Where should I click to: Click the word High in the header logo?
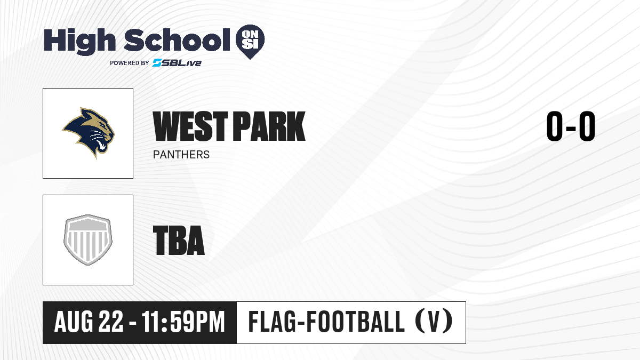click(79, 42)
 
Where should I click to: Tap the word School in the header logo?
click(177, 39)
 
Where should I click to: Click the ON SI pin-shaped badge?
click(250, 42)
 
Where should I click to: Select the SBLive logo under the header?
click(177, 62)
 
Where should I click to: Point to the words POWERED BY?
click(130, 63)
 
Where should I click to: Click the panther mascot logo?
click(89, 133)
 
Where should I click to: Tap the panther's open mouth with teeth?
click(102, 145)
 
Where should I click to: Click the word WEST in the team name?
click(190, 126)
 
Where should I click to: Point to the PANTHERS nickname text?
click(181, 155)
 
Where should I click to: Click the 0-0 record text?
click(571, 126)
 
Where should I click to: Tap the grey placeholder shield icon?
click(88, 240)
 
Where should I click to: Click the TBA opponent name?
click(179, 240)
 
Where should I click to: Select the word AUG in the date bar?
click(74, 322)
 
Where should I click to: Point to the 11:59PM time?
click(183, 322)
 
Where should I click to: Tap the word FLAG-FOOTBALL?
click(326, 322)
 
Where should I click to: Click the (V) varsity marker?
click(434, 322)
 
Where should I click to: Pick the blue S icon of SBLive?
click(157, 62)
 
